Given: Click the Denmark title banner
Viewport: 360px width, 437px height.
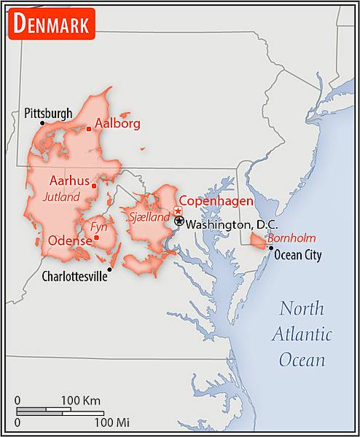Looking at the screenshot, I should tap(51, 24).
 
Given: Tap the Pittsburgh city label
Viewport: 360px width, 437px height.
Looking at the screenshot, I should tap(48, 113).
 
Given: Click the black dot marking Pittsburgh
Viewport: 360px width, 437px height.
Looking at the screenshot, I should tap(42, 123).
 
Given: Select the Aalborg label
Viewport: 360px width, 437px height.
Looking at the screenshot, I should tap(117, 123).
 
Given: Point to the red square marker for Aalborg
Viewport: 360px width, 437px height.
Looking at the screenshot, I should tap(89, 129).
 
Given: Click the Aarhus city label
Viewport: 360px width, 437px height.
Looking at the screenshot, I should tap(69, 181).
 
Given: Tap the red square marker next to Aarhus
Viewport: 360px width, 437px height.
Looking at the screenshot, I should tap(94, 185).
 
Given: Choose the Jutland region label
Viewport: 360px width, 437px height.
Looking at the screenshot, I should tap(62, 197).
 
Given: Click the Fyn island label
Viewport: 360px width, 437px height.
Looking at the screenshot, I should tap(98, 227).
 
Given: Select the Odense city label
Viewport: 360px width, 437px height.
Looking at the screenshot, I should tap(69, 240).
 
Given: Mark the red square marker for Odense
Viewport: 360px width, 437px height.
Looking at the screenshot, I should tap(96, 237).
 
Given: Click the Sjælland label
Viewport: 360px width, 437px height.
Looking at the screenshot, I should tap(149, 216).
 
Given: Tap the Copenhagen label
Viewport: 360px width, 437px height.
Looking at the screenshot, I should tap(216, 201).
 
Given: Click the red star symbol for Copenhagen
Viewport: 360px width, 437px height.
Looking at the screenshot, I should tap(178, 210).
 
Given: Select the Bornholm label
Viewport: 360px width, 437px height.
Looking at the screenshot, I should tap(291, 238).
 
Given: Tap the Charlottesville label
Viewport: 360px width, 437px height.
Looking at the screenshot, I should tap(74, 276).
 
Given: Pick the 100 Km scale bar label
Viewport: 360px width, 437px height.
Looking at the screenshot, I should tap(80, 400).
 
